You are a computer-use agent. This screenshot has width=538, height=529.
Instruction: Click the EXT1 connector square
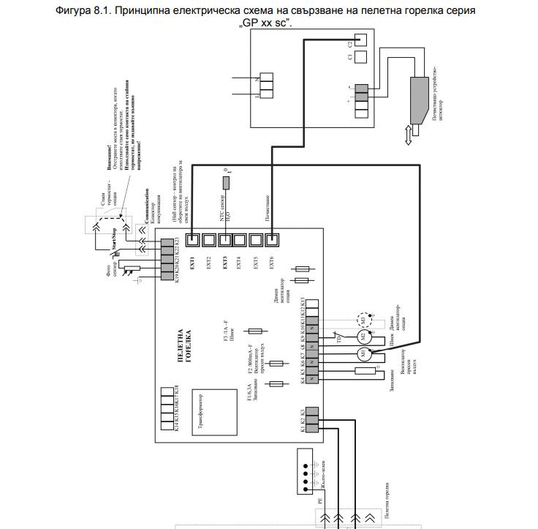tap(193, 239)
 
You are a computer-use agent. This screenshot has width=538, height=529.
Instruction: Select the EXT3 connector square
tap(225, 239)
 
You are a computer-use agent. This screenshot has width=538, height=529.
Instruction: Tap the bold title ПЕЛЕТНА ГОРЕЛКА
tap(185, 346)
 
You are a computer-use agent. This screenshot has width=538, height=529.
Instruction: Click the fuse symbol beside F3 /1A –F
tap(257, 331)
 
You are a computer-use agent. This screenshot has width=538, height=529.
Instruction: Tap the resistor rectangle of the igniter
tap(364, 372)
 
